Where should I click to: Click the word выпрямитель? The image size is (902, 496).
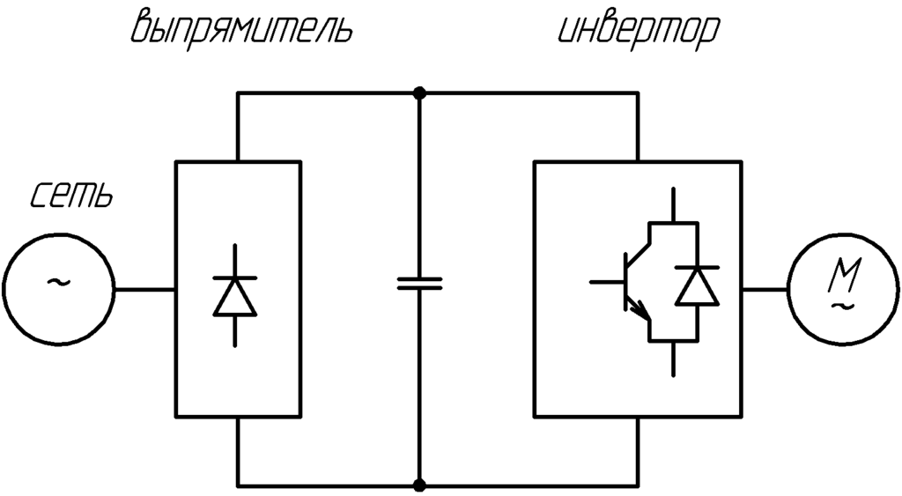[241, 28]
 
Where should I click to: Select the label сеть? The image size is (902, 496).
[71, 196]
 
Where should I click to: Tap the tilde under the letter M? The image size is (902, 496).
[843, 306]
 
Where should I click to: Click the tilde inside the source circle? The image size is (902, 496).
[59, 282]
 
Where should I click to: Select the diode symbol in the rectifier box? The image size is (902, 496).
[234, 296]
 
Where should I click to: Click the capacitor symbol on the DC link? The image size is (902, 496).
[419, 283]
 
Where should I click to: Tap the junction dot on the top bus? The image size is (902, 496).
[420, 93]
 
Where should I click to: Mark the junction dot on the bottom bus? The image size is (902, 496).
[420, 485]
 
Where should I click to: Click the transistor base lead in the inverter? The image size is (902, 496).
[608, 282]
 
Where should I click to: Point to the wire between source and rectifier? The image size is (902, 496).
[145, 289]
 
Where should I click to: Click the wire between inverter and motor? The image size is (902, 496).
[765, 289]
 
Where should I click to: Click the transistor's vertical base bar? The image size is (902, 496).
[626, 282]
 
